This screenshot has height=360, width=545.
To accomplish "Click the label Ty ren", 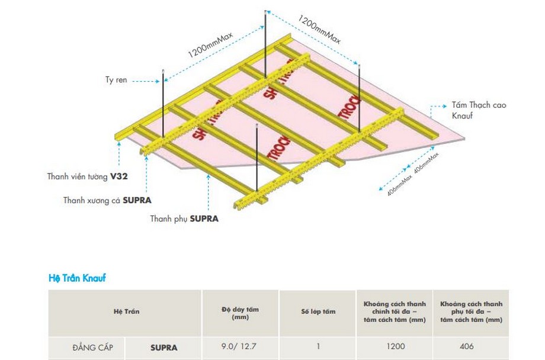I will [117, 80].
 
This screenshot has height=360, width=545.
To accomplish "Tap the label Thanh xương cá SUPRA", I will [103, 200].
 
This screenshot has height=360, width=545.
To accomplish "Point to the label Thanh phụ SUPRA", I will [184, 218].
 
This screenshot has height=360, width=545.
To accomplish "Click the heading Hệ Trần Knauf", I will [76, 277].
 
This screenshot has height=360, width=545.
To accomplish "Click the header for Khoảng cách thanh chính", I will [394, 311].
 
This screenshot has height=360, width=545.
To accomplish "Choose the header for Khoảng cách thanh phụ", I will [472, 311].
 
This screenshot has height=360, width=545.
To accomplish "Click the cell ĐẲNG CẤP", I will [96, 347].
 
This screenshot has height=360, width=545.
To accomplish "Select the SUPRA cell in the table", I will [163, 347].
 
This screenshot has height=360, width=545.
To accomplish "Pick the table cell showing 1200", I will [394, 346].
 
